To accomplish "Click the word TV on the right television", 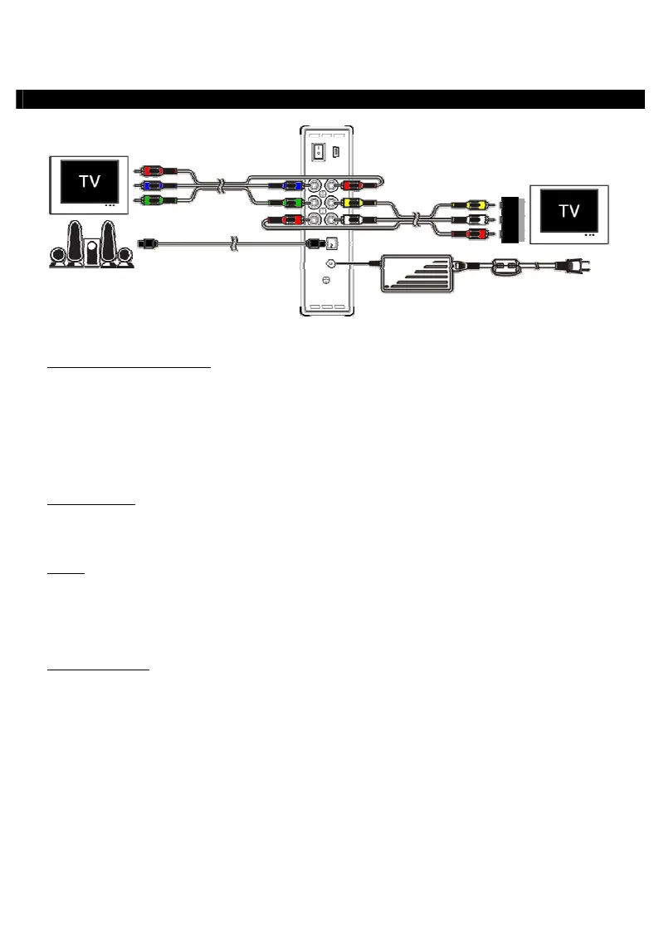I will [x=569, y=210].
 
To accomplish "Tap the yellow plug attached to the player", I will [x=353, y=202].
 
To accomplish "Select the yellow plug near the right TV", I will [x=476, y=204].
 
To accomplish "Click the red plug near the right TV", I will [x=476, y=233].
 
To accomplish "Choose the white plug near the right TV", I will [x=476, y=218].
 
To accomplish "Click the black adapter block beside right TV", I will [x=510, y=218].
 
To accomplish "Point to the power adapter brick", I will [x=417, y=272].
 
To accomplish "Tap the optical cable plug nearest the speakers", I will [x=147, y=244].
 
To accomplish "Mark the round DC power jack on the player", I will [x=329, y=263].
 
